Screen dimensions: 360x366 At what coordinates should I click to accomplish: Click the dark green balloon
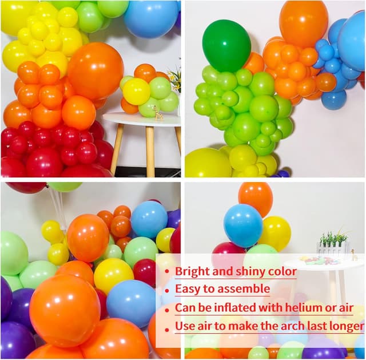pyautogui.click(x=226, y=45)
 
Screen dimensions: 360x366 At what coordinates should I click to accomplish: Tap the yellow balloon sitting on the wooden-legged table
pyautogui.click(x=136, y=91)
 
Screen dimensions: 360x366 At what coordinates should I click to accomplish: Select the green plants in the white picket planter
pyautogui.click(x=334, y=238)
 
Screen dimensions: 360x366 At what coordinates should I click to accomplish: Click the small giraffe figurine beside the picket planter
pyautogui.click(x=354, y=255)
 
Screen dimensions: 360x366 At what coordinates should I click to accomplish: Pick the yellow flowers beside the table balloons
pyautogui.click(x=174, y=80)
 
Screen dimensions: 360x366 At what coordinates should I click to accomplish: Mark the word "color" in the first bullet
pyautogui.click(x=281, y=272)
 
